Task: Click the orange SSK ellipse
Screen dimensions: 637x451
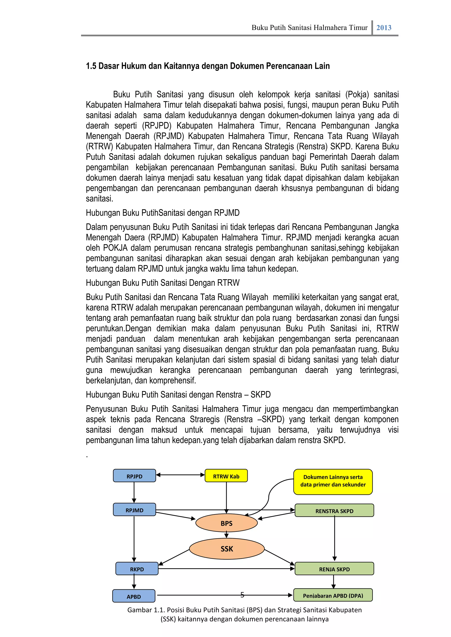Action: (x=227, y=549)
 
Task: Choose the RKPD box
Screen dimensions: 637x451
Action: (x=137, y=569)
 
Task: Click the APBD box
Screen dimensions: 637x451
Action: (x=134, y=597)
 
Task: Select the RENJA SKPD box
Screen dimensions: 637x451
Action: (x=334, y=569)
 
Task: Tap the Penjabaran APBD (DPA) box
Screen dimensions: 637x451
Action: (x=333, y=595)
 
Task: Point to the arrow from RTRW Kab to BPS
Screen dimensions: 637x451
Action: (x=226, y=497)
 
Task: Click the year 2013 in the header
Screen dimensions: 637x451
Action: (x=384, y=27)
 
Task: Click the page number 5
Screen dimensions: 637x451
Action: (x=242, y=595)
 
